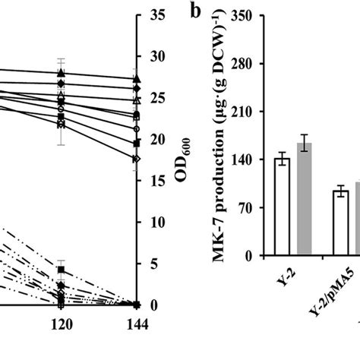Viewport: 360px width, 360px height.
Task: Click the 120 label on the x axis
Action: point(61,323)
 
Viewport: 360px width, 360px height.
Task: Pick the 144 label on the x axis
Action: point(136,323)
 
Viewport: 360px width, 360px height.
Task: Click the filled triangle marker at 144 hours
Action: point(136,78)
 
